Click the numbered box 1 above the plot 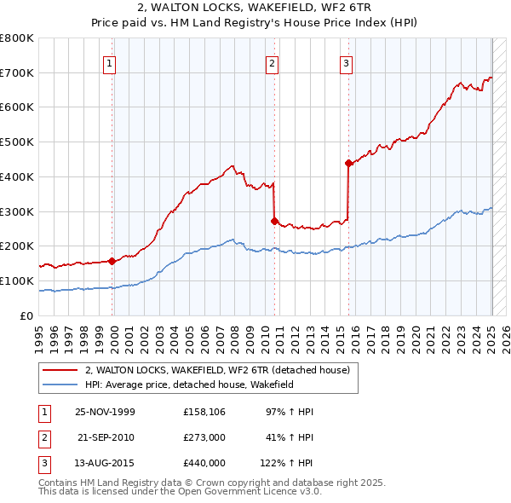click(x=111, y=61)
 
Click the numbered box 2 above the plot click(x=272, y=61)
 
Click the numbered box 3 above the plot click(x=347, y=61)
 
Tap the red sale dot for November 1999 click(x=112, y=261)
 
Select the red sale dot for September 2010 click(x=274, y=221)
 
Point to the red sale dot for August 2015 click(x=348, y=163)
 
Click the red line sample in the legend click(x=60, y=370)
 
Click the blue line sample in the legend click(x=60, y=384)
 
